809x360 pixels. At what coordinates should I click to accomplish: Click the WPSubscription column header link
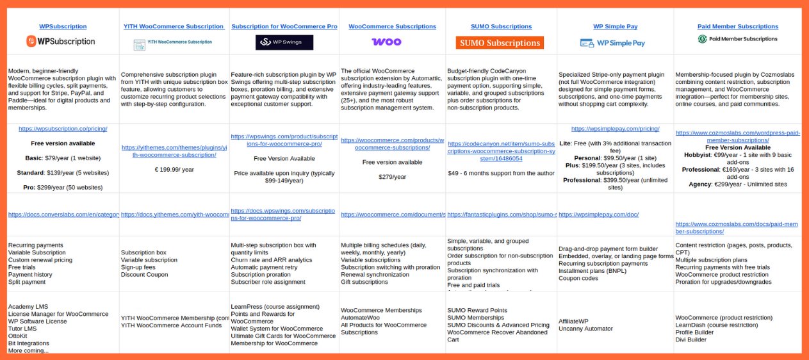pos(63,26)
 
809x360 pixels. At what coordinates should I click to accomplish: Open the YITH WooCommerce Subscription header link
pos(174,26)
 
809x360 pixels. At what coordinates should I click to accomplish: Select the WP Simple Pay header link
pos(615,26)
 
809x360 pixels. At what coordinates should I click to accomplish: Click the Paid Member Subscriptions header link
pos(738,26)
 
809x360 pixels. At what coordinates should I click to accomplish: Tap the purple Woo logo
pos(386,42)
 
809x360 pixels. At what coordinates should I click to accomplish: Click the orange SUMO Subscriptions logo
pos(500,43)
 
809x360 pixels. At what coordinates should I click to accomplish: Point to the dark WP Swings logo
pos(284,43)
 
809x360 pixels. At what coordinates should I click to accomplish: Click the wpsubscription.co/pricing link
pos(63,129)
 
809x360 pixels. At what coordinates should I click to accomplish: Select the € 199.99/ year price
pos(174,169)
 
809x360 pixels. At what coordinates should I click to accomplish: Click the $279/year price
pos(392,177)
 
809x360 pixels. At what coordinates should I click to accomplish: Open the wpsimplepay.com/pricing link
pos(615,129)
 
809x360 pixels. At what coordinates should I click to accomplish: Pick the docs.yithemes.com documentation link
pos(174,215)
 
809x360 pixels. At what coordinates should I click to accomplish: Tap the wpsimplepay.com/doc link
pos(598,215)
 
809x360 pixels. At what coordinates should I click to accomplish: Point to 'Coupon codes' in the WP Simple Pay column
pos(579,278)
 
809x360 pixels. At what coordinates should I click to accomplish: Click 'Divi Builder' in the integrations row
pos(691,340)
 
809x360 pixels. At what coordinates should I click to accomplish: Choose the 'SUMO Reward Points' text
pos(477,310)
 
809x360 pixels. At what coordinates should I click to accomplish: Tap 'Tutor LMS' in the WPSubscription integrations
pos(23,329)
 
